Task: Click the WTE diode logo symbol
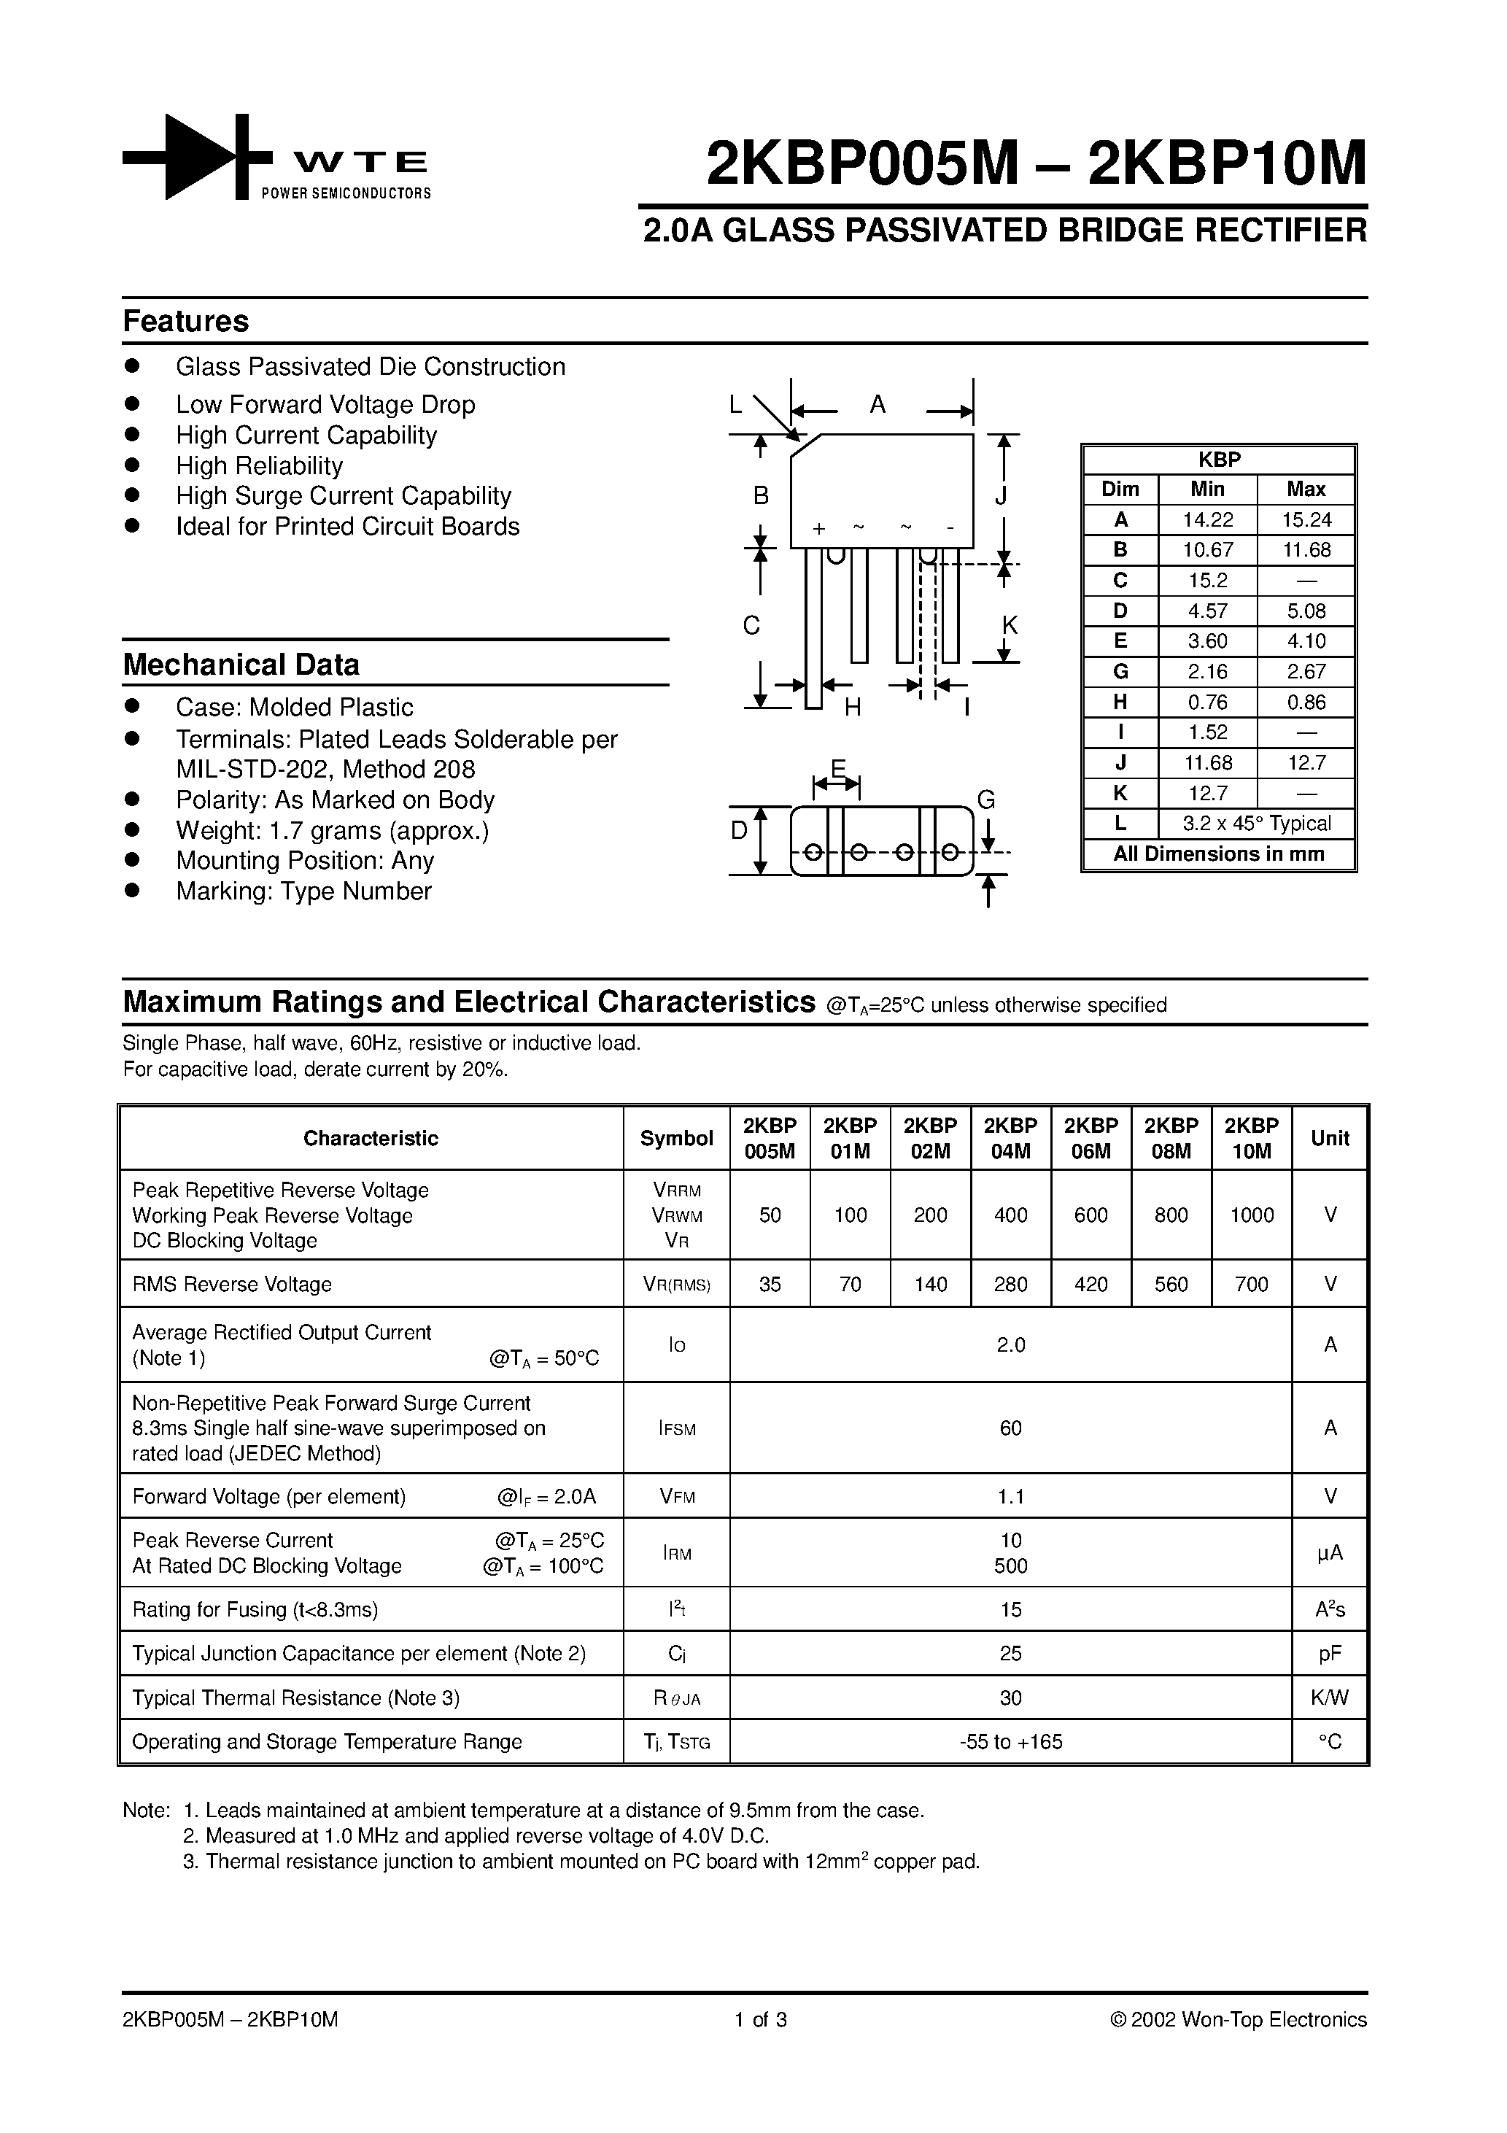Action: pos(197,157)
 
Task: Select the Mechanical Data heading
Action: pos(241,665)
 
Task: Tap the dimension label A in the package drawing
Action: pos(877,405)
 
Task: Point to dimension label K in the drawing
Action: pos(1010,625)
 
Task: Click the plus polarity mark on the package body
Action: pos(818,530)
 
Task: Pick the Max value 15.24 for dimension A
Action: pos(1306,520)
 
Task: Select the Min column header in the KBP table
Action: pos(1207,489)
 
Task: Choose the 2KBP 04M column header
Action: pos(1010,1138)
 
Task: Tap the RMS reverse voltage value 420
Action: pos(1090,1285)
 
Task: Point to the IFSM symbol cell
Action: pos(676,1429)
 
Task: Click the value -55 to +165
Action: pos(1010,1742)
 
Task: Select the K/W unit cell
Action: pos(1330,1698)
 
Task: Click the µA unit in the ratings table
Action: pos(1330,1553)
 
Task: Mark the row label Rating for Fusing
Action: pos(255,1610)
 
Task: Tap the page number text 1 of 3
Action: pos(760,2020)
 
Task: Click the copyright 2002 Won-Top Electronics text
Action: pos(1239,2020)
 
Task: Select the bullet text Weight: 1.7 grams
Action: pos(332,831)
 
